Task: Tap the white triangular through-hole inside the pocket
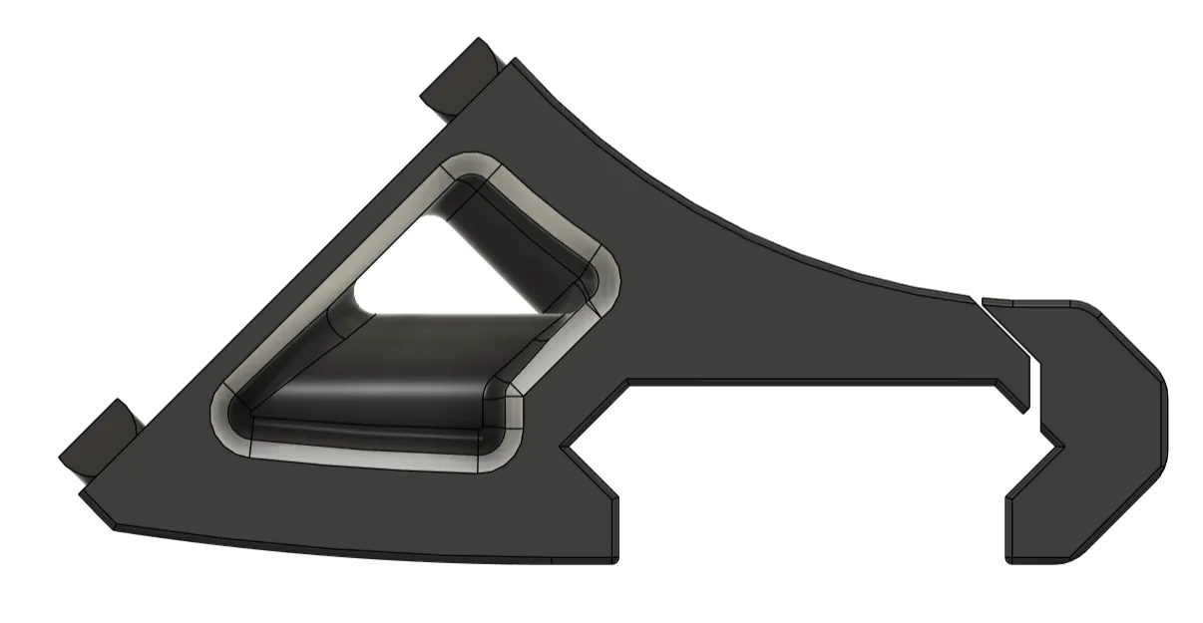[439, 269]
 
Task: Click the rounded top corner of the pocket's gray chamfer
[470, 163]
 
